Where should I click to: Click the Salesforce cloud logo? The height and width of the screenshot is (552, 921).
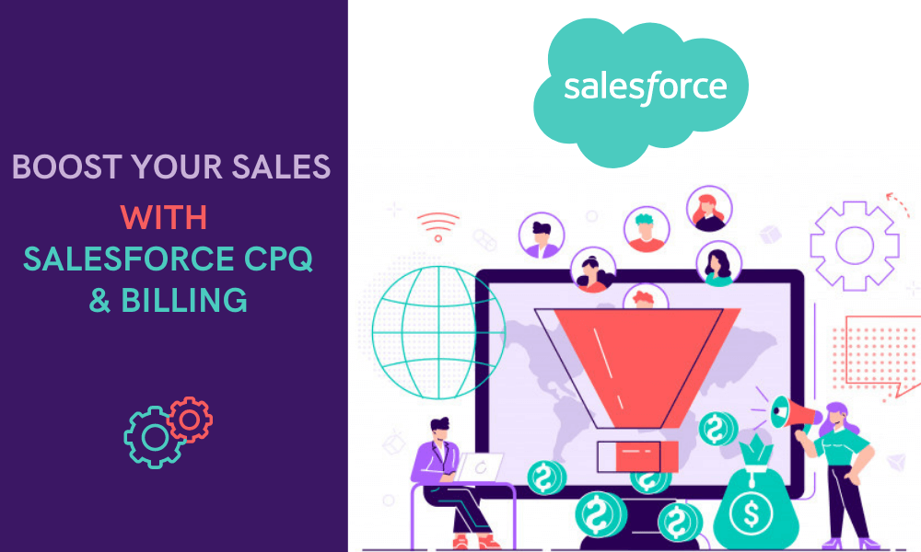click(641, 90)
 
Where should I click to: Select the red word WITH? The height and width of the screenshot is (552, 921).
click(164, 218)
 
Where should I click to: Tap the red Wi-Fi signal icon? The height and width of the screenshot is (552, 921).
click(437, 224)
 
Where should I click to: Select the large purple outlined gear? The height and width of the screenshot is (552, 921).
click(854, 246)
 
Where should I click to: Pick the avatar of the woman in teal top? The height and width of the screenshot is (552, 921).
click(717, 263)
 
